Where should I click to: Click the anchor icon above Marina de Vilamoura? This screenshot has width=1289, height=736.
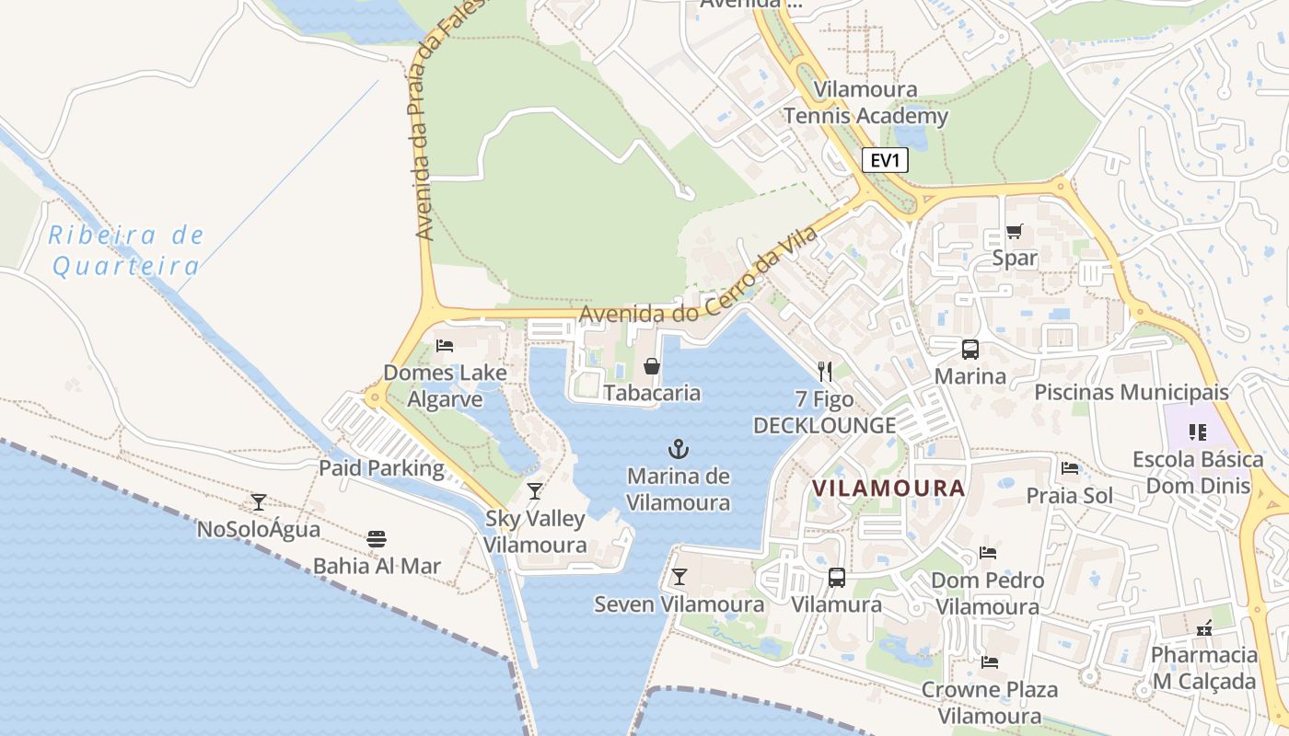pyautogui.click(x=678, y=449)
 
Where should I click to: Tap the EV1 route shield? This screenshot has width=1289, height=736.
pyautogui.click(x=886, y=160)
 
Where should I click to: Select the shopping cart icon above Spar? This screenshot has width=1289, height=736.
pyautogui.click(x=1014, y=231)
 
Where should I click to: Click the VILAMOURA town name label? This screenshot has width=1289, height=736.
pyautogui.click(x=888, y=488)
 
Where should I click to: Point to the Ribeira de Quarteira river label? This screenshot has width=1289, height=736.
pyautogui.click(x=126, y=251)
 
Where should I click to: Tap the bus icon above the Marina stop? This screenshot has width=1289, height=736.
pyautogui.click(x=970, y=350)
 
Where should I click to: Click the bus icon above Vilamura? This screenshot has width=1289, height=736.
pyautogui.click(x=836, y=578)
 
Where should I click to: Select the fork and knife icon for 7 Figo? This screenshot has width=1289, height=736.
pyautogui.click(x=824, y=372)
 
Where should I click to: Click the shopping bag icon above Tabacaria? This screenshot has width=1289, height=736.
pyautogui.click(x=652, y=366)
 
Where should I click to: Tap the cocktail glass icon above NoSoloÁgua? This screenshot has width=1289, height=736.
pyautogui.click(x=259, y=502)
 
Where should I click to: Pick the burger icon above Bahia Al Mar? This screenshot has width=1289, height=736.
pyautogui.click(x=377, y=539)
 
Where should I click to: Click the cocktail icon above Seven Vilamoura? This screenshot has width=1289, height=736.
pyautogui.click(x=679, y=577)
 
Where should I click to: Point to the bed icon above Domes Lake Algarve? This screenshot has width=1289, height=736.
pyautogui.click(x=445, y=346)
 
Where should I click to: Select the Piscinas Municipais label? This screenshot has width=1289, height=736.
pyautogui.click(x=1132, y=392)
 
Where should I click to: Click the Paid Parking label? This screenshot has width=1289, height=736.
pyautogui.click(x=381, y=467)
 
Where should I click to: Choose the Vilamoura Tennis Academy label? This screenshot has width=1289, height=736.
pyautogui.click(x=865, y=103)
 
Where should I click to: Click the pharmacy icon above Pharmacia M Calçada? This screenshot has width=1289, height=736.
pyautogui.click(x=1203, y=627)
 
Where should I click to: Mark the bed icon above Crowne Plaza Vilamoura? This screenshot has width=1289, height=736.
pyautogui.click(x=990, y=661)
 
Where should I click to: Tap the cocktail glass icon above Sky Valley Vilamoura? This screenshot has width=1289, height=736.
pyautogui.click(x=535, y=491)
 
